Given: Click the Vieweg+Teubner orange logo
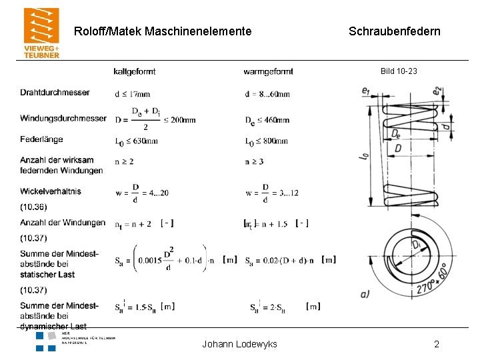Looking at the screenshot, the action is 41,33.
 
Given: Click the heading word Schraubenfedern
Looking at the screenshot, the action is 394,31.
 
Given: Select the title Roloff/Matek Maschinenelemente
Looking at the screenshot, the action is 163,31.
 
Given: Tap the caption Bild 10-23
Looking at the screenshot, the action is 399,71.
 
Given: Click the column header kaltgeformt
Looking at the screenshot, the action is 135,71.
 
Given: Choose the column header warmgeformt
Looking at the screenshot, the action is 268,71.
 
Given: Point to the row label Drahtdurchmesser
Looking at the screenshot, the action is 55,92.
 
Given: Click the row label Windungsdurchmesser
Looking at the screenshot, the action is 63,119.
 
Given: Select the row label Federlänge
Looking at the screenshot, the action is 41,139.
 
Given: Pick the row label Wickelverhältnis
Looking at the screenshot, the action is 51,191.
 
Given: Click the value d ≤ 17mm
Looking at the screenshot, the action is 132,94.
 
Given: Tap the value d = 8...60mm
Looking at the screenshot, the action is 267,94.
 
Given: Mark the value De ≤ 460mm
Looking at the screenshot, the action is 267,121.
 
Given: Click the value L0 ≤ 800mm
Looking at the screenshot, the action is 266,141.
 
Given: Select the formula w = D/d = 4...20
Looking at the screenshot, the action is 141,193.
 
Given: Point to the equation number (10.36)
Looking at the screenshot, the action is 33,207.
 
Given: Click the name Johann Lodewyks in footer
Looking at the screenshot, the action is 239,344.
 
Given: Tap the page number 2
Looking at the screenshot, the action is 437,344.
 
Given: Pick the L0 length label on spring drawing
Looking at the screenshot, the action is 364,158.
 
